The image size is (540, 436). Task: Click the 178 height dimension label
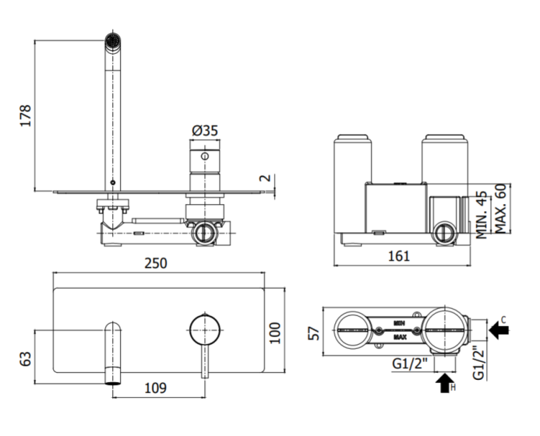pyautogui.click(x=25, y=116)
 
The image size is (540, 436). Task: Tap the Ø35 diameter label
pyautogui.click(x=205, y=131)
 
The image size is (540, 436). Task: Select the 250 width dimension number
pyautogui.click(x=156, y=263)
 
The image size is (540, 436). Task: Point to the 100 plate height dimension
pyautogui.click(x=274, y=332)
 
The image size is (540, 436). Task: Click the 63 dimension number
pyautogui.click(x=25, y=359)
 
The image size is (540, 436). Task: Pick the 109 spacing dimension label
pyautogui.click(x=155, y=389)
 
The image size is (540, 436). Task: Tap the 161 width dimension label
pyautogui.click(x=399, y=256)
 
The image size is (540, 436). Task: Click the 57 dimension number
pyautogui.click(x=314, y=333)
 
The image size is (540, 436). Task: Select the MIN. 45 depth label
pyautogui.click(x=482, y=215)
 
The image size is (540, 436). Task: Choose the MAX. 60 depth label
pyautogui.click(x=500, y=209)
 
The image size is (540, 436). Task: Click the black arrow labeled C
pyautogui.click(x=499, y=329)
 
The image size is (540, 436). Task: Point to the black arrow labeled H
pyautogui.click(x=445, y=383)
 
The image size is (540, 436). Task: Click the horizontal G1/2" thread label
pyautogui.click(x=410, y=364)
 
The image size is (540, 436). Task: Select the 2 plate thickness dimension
pyautogui.click(x=265, y=178)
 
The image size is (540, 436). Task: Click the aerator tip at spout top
pyautogui.click(x=113, y=41)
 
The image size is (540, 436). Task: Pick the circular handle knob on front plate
pyautogui.click(x=205, y=329)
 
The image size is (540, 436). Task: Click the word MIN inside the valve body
pyautogui.click(x=400, y=323)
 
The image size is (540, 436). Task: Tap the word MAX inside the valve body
pyautogui.click(x=400, y=337)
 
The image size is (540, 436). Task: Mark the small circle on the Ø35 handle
pyautogui.click(x=205, y=156)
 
